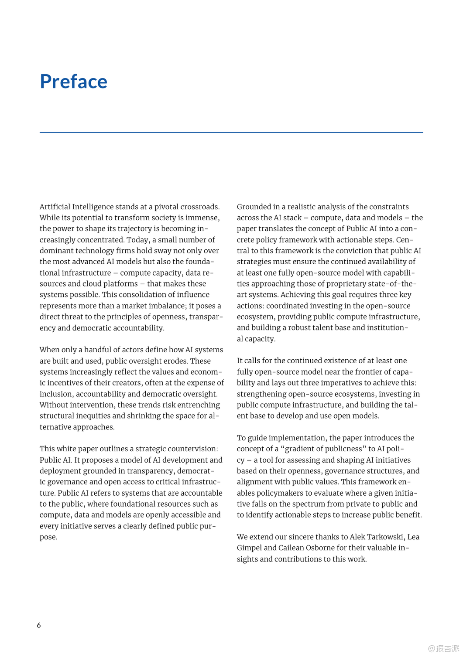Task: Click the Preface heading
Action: [73, 82]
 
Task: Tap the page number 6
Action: [39, 625]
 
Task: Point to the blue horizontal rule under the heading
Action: [231, 132]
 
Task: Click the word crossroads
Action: [199, 207]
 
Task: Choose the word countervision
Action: [192, 449]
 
